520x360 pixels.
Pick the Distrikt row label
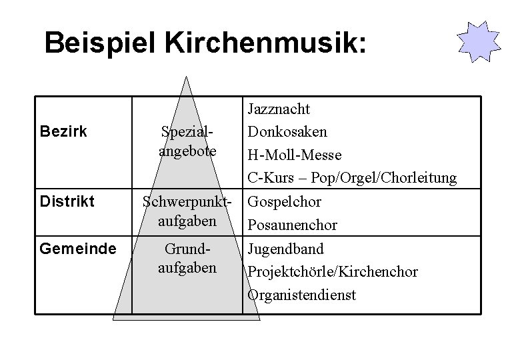pyautogui.click(x=67, y=201)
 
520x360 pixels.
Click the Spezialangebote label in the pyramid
pyautogui.click(x=188, y=141)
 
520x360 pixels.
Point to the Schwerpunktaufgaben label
pyautogui.click(x=188, y=210)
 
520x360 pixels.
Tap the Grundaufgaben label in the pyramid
pyautogui.click(x=188, y=258)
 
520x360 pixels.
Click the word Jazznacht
pyautogui.click(x=279, y=109)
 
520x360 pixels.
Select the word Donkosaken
pyautogui.click(x=285, y=131)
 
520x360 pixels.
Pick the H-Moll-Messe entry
pyautogui.click(x=294, y=155)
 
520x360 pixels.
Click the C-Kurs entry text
pyautogui.click(x=352, y=178)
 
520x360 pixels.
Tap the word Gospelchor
pyautogui.click(x=285, y=202)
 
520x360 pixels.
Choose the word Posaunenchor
pyautogui.click(x=292, y=225)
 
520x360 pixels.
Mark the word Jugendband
pyautogui.click(x=285, y=249)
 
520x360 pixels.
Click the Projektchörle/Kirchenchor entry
pyautogui.click(x=333, y=272)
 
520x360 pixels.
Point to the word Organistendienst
pyautogui.click(x=302, y=295)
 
